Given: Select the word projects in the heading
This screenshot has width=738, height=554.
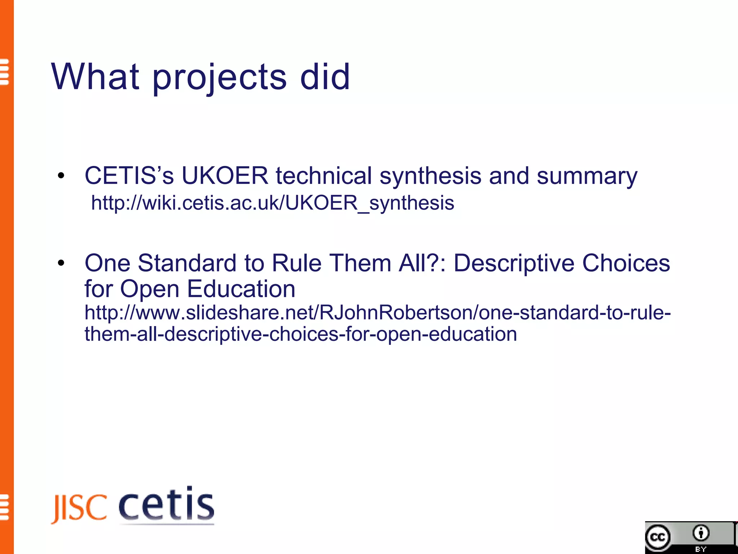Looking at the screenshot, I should [219, 79].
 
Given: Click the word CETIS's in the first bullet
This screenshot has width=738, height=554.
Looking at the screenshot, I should [129, 176].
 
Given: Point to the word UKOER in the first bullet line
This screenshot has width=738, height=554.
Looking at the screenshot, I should [225, 176].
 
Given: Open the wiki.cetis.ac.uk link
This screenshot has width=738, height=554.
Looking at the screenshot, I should [272, 203].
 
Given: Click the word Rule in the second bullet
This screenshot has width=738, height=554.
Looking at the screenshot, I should [296, 263].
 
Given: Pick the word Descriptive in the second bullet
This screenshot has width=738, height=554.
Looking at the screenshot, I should [514, 263].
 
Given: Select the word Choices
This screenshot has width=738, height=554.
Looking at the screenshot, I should [626, 263].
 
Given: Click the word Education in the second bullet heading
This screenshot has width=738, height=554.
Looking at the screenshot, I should [241, 289].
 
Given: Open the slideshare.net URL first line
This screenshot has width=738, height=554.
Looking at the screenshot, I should [377, 312].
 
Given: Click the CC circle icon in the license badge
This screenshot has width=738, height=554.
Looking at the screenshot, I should [658, 537].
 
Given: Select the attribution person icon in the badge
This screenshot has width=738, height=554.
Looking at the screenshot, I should [701, 533].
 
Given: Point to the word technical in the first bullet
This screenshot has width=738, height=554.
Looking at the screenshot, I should [324, 176].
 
